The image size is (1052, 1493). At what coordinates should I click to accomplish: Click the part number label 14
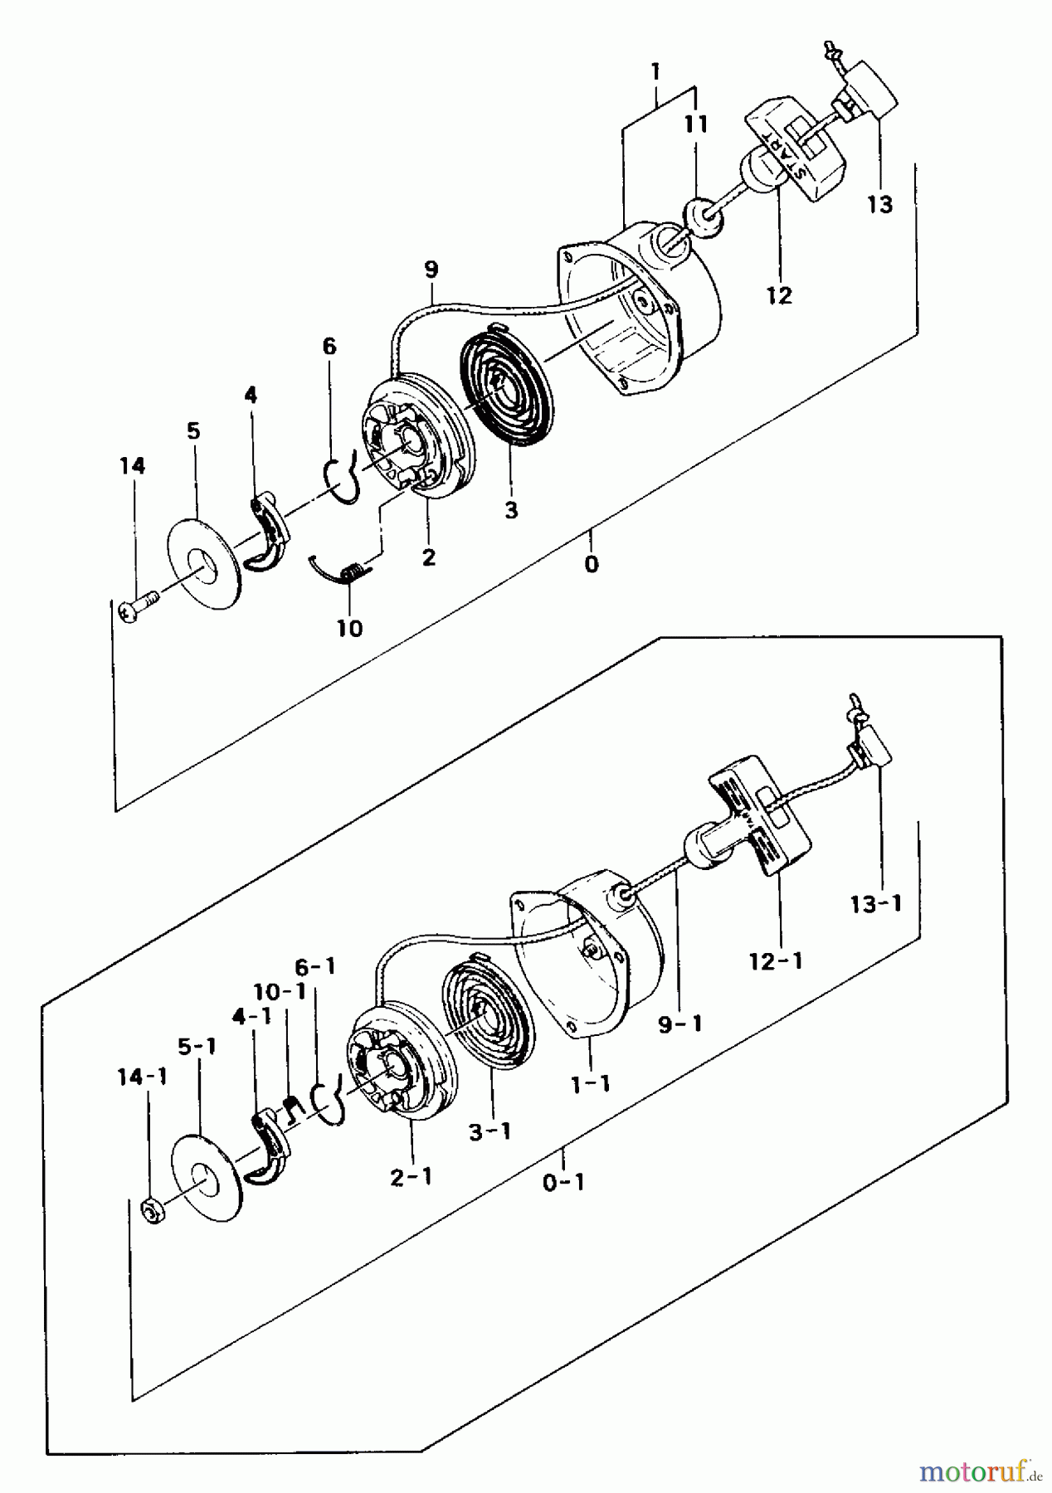coord(132,467)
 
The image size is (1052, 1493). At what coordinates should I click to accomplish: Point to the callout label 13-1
coord(875,904)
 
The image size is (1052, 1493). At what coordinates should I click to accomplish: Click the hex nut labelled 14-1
coord(152,1213)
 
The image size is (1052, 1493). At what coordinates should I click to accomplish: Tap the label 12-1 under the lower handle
coord(776,962)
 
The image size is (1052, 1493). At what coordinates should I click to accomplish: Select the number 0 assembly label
coord(591,565)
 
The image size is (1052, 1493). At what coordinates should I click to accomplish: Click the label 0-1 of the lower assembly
coord(564,1182)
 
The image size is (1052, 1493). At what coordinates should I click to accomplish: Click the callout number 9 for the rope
coord(431,270)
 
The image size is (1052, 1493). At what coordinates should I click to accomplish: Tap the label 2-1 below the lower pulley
coord(412,1176)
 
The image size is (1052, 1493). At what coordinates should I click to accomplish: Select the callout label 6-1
coord(316,967)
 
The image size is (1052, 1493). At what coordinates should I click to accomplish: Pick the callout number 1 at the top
coord(655,72)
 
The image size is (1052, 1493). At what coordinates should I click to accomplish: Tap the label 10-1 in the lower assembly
coord(280,991)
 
